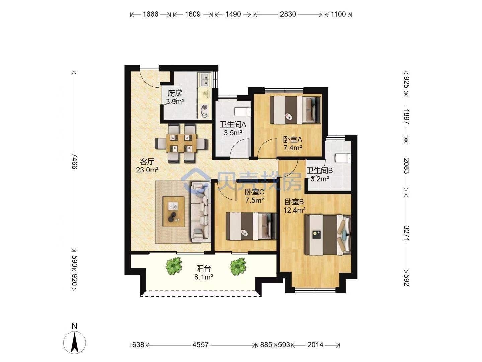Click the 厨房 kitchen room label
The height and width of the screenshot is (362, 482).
pyautogui.click(x=175, y=94)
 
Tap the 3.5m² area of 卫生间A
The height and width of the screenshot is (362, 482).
pyautogui.click(x=233, y=133)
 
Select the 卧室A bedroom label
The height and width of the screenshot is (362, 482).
pyautogui.click(x=293, y=139)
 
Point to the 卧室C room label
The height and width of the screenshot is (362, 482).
pyautogui.click(x=254, y=192)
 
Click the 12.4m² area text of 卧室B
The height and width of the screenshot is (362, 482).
pyautogui.click(x=294, y=210)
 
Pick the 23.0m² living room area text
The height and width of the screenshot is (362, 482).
pyautogui.click(x=147, y=170)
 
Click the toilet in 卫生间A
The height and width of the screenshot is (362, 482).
pyautogui.click(x=243, y=112)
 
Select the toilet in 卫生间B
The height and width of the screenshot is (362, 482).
pyautogui.click(x=343, y=158)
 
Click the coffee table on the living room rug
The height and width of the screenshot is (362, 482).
pyautogui.click(x=173, y=212)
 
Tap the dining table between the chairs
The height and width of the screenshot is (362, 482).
pyautogui.click(x=181, y=143)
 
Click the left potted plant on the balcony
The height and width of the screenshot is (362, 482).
pyautogui.click(x=174, y=266)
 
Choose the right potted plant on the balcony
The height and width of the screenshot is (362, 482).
pyautogui.click(x=238, y=266)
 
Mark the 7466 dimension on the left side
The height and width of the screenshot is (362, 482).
pyautogui.click(x=74, y=161)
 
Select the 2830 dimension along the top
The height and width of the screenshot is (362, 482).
pyautogui.click(x=288, y=14)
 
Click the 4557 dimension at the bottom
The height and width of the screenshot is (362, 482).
pyautogui.click(x=200, y=345)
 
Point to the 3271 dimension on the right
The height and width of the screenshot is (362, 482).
pyautogui.click(x=406, y=233)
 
